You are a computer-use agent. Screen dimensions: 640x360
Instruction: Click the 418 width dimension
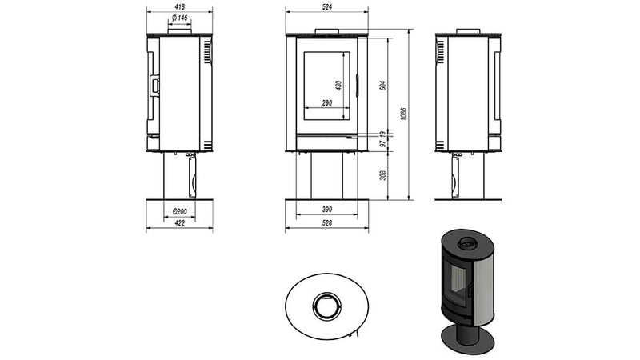[x=179, y=6]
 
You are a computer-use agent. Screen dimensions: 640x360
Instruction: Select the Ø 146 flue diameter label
[x=179, y=18]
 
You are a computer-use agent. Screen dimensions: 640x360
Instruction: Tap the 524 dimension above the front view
[x=327, y=6]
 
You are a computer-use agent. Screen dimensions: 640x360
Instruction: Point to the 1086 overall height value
[x=404, y=114]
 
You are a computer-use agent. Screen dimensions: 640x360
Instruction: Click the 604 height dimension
[x=382, y=86]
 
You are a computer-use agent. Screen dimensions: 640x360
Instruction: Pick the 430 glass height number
[x=338, y=86]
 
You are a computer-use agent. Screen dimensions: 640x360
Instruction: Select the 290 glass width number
[x=327, y=103]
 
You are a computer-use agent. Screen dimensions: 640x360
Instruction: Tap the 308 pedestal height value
[x=382, y=175]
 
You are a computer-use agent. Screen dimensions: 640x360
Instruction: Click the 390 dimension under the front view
[x=327, y=209]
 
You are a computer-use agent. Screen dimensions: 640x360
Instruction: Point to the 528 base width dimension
[x=327, y=222]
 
